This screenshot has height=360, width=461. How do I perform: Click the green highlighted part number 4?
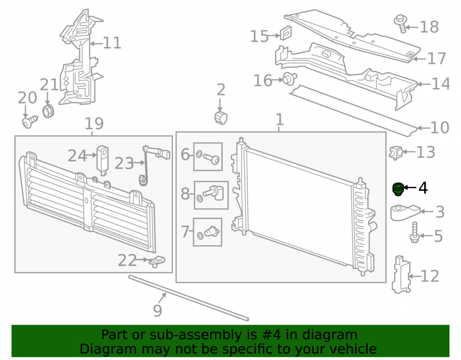click(x=398, y=189)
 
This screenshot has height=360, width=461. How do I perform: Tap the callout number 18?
click(x=429, y=27)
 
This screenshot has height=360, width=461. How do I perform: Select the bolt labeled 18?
click(x=401, y=23)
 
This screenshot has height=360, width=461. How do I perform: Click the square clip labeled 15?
click(x=285, y=33)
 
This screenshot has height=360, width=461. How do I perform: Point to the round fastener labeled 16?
click(x=290, y=79)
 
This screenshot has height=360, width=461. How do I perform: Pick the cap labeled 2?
click(x=221, y=118)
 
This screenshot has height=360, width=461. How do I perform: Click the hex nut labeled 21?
click(x=48, y=111)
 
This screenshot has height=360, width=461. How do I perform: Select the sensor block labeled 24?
click(x=103, y=160)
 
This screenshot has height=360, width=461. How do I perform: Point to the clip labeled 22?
click(x=157, y=261)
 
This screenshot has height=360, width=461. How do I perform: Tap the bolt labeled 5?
click(x=414, y=232)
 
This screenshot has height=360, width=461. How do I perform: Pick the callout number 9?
click(x=158, y=310)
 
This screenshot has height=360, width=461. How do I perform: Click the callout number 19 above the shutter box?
click(x=94, y=124)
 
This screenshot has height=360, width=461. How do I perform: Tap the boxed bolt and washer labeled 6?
click(x=208, y=157)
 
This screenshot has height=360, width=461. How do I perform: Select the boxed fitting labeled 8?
click(x=212, y=195)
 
